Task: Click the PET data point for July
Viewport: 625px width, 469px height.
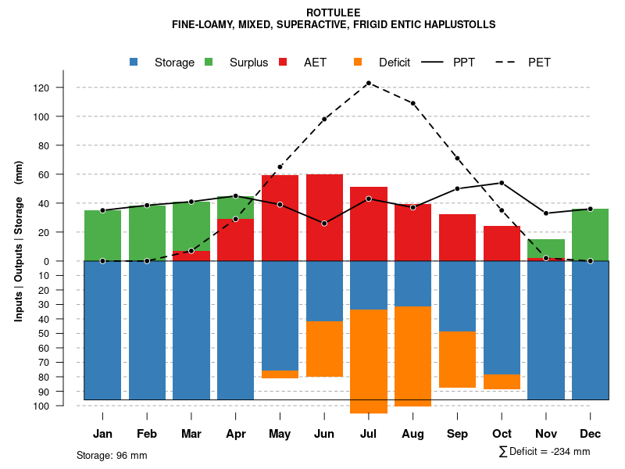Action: click(x=368, y=83)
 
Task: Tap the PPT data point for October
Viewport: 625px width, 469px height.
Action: click(x=502, y=183)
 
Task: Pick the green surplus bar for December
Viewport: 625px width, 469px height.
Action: click(x=590, y=234)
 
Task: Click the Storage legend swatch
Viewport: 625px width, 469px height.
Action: click(x=134, y=62)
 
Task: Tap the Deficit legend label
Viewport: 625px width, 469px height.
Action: click(x=395, y=63)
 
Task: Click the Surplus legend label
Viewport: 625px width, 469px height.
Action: click(x=248, y=63)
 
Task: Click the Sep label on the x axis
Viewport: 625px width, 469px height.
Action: click(x=457, y=434)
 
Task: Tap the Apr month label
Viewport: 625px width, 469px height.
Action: click(x=235, y=434)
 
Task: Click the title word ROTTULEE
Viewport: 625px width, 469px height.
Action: click(x=334, y=13)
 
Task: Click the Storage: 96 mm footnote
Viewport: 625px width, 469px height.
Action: click(x=112, y=455)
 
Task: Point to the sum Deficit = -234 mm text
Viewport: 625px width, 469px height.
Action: click(x=545, y=451)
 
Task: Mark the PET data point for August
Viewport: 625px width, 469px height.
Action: click(x=412, y=103)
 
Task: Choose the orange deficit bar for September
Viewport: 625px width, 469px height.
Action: click(x=457, y=360)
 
